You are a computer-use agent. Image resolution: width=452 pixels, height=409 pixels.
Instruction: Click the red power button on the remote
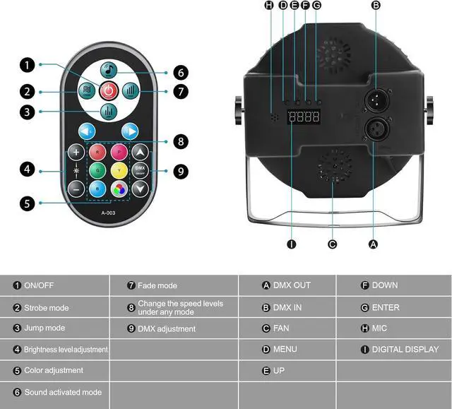[x=108, y=90]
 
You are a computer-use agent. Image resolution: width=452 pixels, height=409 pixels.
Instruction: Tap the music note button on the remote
[x=108, y=69]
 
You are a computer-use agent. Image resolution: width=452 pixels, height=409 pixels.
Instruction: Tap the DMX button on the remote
[x=140, y=170]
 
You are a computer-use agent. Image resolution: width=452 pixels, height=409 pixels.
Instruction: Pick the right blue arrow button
[x=130, y=131]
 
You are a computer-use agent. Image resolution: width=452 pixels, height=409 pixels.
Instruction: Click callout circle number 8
[x=182, y=142]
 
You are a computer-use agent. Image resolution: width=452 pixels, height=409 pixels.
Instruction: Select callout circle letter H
[x=268, y=6]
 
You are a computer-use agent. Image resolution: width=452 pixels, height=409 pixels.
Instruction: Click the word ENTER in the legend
[x=386, y=307]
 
